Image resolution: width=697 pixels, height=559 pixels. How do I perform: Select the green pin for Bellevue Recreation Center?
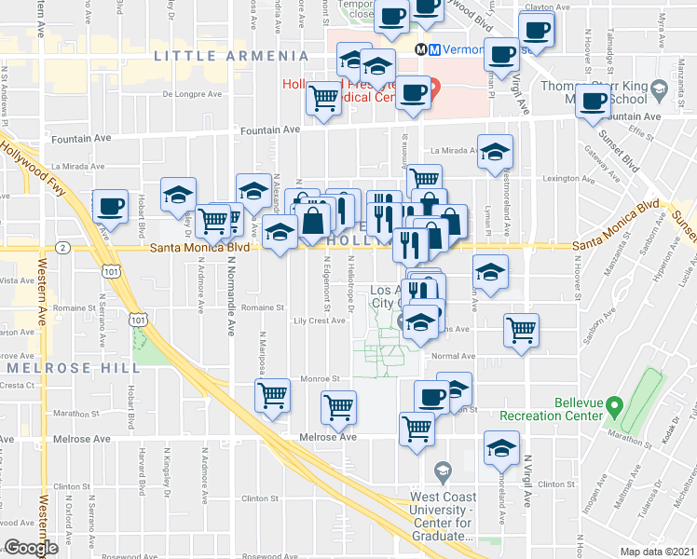pyautogui.click(x=614, y=406)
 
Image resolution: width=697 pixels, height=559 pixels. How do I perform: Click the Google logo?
pyautogui.click(x=31, y=548)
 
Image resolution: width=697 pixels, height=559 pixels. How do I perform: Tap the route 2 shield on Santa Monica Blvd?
pyautogui.click(x=61, y=248)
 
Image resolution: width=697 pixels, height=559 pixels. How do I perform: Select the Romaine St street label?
pyautogui.click(x=262, y=306)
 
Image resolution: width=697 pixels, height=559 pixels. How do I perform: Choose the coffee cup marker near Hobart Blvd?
pyautogui.click(x=110, y=206)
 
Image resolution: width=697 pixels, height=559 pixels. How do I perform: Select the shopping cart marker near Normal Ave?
pyautogui.click(x=521, y=328)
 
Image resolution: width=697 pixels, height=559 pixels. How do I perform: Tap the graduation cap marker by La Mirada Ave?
pyautogui.click(x=495, y=151)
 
